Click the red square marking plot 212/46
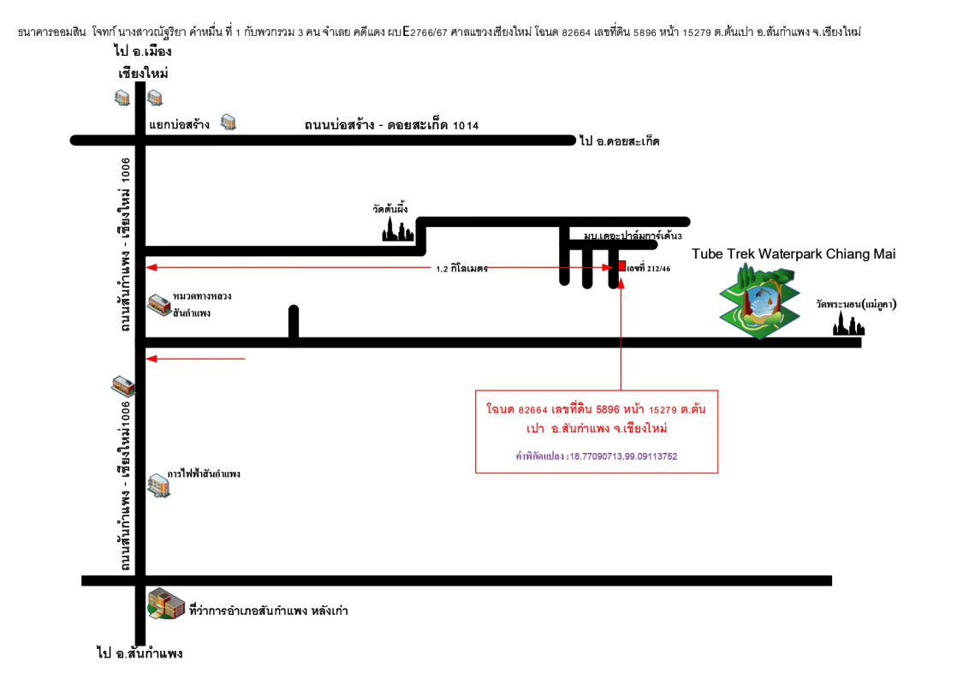[621, 266]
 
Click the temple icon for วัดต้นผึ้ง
[398, 229]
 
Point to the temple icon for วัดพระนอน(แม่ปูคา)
[848, 325]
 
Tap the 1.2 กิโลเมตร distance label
[461, 269]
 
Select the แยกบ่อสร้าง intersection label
[179, 124]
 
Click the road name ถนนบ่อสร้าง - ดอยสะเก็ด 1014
[391, 126]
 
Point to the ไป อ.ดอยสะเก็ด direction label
[619, 140]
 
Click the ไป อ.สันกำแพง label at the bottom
[140, 654]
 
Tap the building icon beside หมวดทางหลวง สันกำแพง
[158, 304]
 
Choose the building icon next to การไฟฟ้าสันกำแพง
[158, 485]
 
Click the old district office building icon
[166, 604]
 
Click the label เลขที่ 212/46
[648, 269]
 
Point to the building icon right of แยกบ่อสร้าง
[228, 122]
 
